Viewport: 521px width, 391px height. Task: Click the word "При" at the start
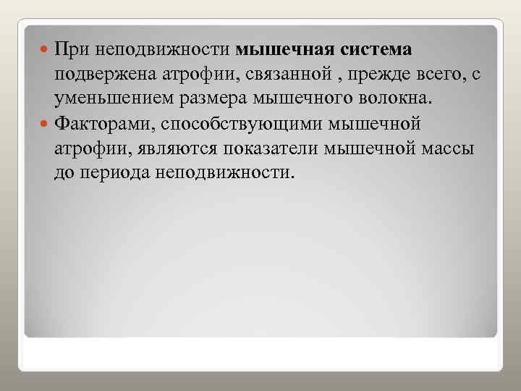pyautogui.click(x=71, y=50)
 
